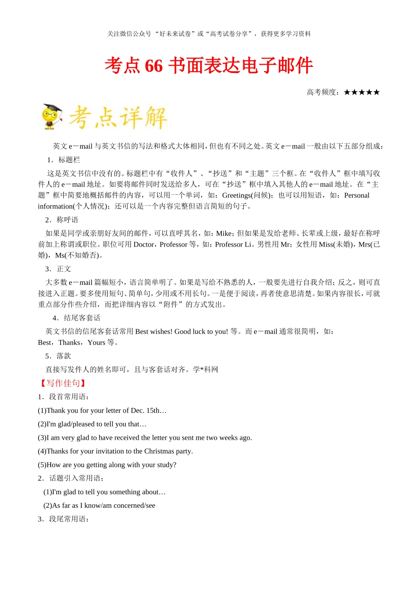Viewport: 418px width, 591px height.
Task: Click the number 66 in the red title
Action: tap(154, 66)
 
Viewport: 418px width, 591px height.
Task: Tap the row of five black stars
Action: tap(362, 92)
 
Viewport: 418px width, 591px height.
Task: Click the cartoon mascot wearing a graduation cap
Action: tap(52, 117)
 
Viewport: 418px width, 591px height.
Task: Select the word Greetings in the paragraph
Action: tap(237, 195)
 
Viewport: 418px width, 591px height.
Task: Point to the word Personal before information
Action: tap(357, 195)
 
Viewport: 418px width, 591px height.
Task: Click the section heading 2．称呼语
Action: tap(62, 220)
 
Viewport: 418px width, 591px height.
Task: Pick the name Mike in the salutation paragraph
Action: tap(224, 233)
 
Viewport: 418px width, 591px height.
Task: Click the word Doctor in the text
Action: tap(144, 244)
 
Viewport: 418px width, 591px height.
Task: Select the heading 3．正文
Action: tap(58, 269)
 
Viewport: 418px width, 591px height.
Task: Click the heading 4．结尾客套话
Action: tap(77, 318)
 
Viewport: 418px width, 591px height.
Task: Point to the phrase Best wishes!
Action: tap(154, 332)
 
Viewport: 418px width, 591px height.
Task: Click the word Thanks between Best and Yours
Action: tap(70, 343)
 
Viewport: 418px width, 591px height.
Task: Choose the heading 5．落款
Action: tap(58, 356)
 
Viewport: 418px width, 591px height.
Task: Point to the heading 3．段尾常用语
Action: tap(64, 519)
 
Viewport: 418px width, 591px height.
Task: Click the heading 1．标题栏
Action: tap(64, 160)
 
